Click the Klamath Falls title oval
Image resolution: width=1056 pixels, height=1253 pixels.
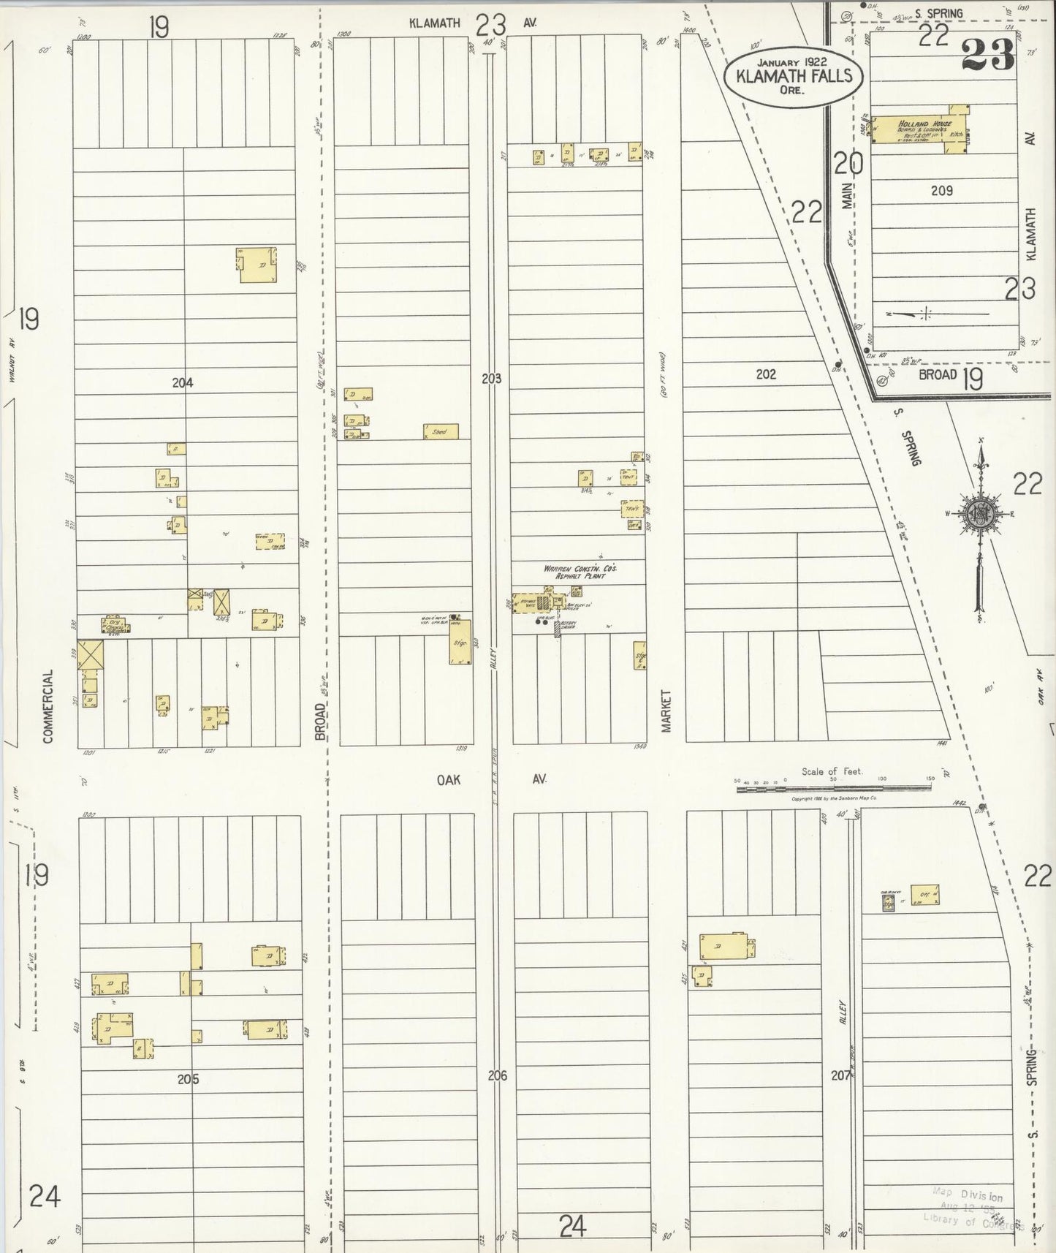tap(794, 76)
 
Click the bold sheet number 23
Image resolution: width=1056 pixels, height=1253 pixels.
tap(987, 54)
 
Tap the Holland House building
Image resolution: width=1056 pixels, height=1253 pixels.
tap(921, 129)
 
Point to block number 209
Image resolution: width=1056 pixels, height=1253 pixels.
tap(941, 191)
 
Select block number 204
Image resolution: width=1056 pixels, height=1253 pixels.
tap(182, 382)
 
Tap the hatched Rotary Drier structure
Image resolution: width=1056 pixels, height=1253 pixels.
tap(557, 628)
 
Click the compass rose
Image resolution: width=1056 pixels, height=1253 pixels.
tap(980, 514)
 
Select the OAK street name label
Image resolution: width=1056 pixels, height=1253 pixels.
tap(449, 780)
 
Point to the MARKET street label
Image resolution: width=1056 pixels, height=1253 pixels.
tap(666, 711)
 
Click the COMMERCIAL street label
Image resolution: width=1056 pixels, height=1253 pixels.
tap(48, 706)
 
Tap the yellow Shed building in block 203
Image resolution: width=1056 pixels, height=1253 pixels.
tap(441, 431)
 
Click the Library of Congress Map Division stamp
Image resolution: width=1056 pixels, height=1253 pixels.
tap(972, 1210)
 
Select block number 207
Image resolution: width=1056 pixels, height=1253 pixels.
tap(841, 1076)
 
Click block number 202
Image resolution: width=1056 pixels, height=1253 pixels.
tap(765, 374)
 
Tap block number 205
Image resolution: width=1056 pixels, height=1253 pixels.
tap(188, 1079)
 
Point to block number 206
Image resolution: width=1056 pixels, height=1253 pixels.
tap(497, 1075)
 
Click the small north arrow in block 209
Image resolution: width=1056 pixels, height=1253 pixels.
tap(925, 314)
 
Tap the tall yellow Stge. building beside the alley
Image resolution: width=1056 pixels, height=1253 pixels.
tap(460, 642)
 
